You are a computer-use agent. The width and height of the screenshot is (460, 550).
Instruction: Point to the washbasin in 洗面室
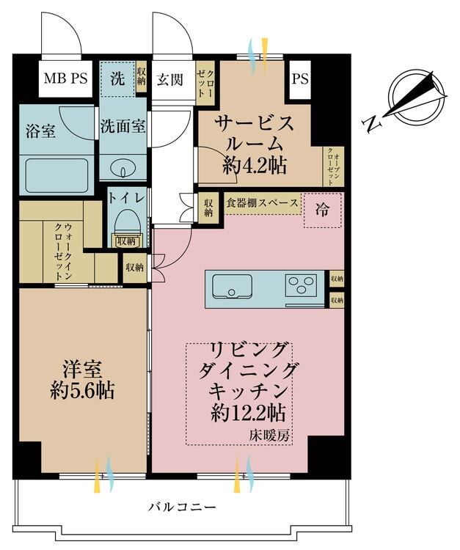pyautogui.click(x=122, y=169)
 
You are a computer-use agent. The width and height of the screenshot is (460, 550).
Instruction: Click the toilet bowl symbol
pyautogui.click(x=126, y=219)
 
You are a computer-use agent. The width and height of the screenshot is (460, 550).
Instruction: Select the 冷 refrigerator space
pyautogui.click(x=322, y=209)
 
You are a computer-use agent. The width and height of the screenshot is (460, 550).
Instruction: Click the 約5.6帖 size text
pyautogui.click(x=82, y=386)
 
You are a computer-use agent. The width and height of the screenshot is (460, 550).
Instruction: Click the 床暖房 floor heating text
pyautogui.click(x=274, y=436)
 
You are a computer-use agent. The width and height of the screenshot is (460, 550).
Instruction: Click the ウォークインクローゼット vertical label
pyautogui.click(x=62, y=252)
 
